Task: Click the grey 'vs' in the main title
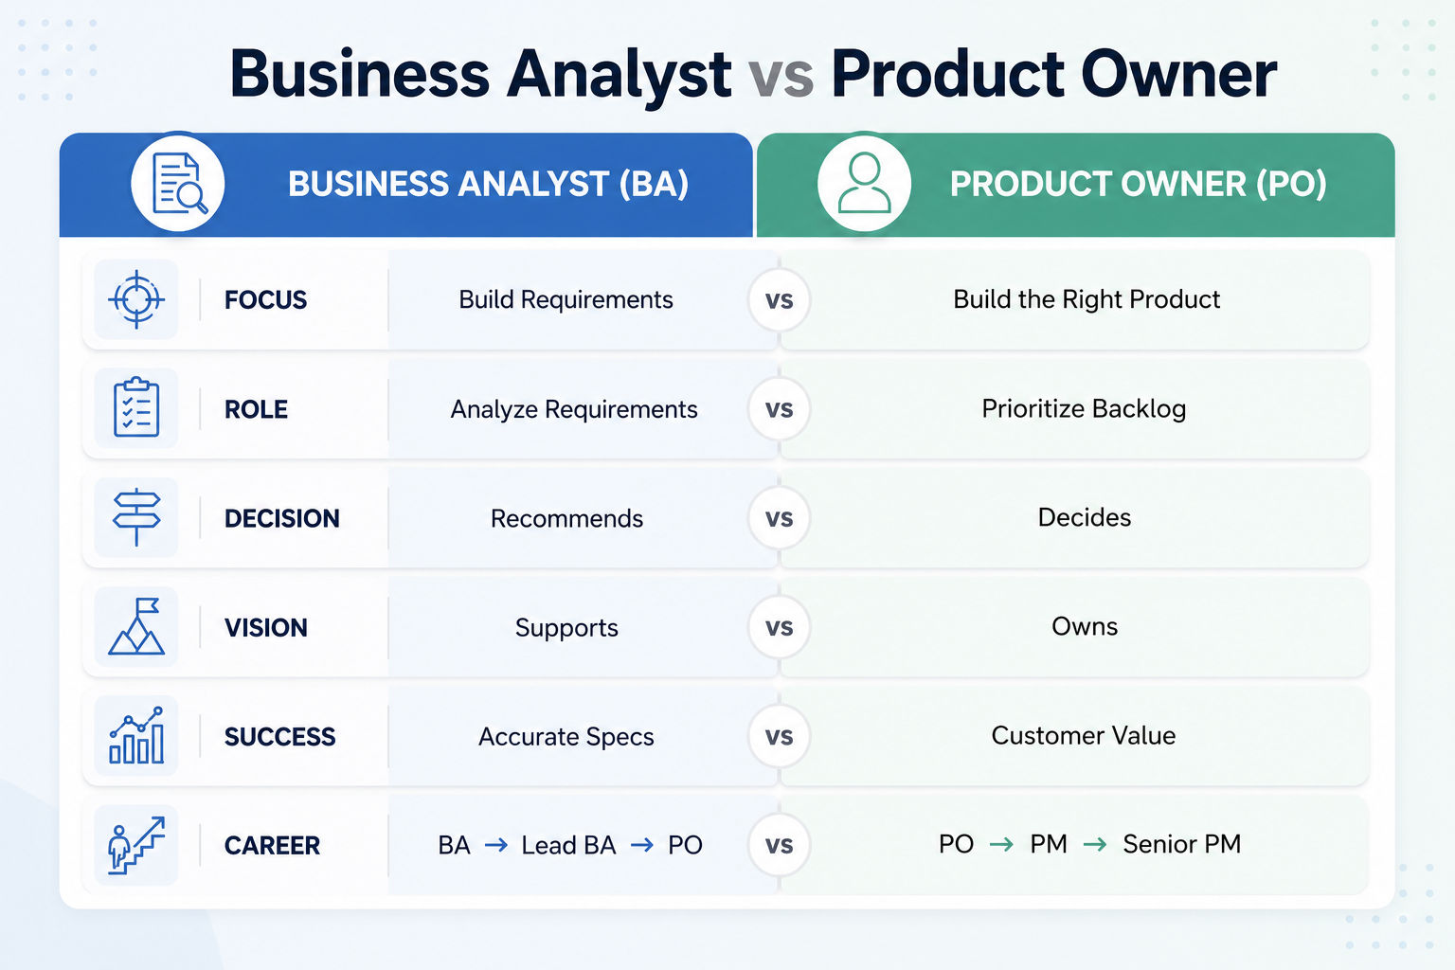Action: (x=781, y=75)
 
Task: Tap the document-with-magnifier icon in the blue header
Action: (x=179, y=183)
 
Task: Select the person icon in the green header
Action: (x=865, y=183)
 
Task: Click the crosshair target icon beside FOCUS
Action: (x=136, y=299)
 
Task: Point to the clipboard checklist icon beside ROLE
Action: (x=136, y=406)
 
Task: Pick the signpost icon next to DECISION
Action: (x=136, y=517)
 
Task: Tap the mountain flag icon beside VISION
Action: (x=136, y=626)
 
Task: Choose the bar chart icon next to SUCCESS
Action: (x=136, y=735)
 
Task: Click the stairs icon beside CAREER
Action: (x=136, y=845)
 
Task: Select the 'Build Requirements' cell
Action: (x=566, y=299)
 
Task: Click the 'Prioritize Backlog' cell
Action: (x=1084, y=409)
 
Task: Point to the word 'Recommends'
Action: (x=566, y=518)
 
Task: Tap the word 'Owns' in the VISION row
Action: (x=1085, y=626)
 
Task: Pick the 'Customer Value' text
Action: (x=1084, y=735)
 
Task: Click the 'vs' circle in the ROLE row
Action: (x=780, y=408)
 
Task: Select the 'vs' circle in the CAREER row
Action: (x=780, y=845)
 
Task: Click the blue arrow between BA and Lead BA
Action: (x=496, y=845)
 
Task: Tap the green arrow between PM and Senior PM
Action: (x=1095, y=845)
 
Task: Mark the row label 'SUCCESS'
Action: (x=280, y=737)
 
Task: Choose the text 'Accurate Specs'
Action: (x=566, y=737)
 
